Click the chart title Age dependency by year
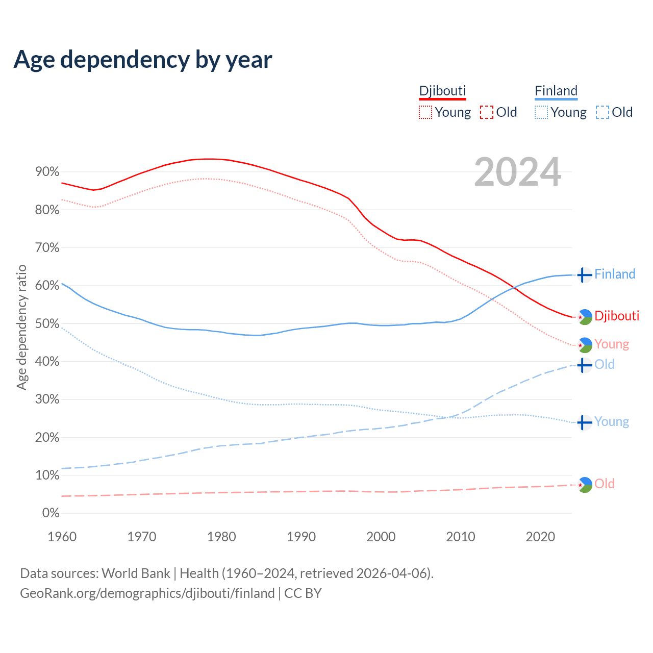coord(143,59)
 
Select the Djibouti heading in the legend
coord(442,91)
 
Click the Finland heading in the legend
coord(556,91)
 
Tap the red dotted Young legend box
coord(425,112)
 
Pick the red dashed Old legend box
coord(486,112)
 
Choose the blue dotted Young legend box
coord(541,112)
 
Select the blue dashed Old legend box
coord(602,112)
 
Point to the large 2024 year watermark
coord(517,172)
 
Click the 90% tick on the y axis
coord(47,172)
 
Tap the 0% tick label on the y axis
coord(51,513)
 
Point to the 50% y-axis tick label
coord(47,324)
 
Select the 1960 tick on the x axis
coord(62,537)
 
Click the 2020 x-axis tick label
coord(540,537)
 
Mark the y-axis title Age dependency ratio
coord(21,327)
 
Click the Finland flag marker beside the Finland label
coord(584,274)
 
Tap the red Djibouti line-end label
coord(616,316)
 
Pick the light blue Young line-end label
coord(611,422)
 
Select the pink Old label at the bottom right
coord(604,484)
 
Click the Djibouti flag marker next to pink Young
coord(584,345)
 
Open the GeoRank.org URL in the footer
coord(147,593)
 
